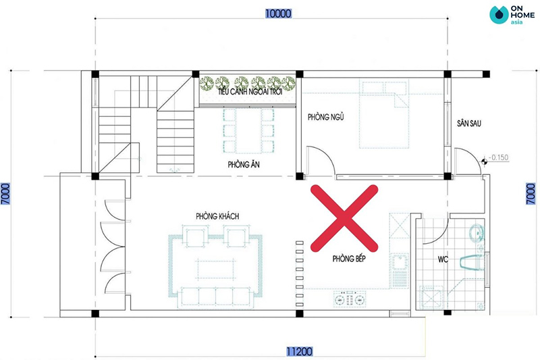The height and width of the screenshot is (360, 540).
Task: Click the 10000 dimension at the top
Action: tap(278, 14)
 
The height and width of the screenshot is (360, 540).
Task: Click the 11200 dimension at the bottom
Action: tap(300, 351)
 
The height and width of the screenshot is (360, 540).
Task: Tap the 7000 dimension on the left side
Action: tap(5, 194)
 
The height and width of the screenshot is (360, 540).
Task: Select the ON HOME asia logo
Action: tap(512, 15)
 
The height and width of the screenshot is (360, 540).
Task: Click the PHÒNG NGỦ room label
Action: tap(326, 117)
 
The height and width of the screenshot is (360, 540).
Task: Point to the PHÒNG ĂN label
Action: tap(244, 165)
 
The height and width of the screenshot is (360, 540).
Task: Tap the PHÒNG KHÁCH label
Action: tap(217, 216)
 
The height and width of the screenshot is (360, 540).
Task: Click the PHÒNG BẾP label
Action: tap(349, 259)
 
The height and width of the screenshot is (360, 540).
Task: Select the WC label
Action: tap(443, 259)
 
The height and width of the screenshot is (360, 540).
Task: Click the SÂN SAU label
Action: tap(469, 124)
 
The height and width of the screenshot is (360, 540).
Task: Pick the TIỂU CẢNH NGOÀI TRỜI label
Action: tap(250, 92)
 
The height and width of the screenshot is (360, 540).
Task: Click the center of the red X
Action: tap(344, 218)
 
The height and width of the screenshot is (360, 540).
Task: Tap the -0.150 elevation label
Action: tap(498, 157)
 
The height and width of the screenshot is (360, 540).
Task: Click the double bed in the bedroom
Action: tap(384, 114)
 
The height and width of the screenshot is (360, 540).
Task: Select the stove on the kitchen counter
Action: tap(350, 299)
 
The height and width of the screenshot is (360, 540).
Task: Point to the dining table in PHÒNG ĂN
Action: tap(248, 131)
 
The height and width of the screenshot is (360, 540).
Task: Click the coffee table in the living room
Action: tap(216, 269)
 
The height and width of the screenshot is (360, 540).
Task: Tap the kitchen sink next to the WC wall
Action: tap(400, 262)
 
